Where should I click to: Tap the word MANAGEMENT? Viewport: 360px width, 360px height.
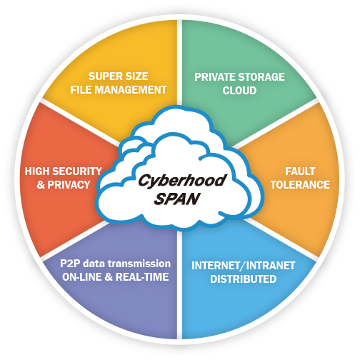[132, 90]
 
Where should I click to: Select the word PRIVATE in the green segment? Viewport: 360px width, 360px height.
[215, 77]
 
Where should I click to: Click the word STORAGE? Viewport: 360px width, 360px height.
[261, 77]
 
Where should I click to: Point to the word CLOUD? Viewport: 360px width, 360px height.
[239, 91]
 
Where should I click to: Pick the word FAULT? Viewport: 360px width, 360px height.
[300, 171]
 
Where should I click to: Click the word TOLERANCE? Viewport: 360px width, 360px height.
[300, 185]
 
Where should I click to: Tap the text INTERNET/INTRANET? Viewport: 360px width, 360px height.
[243, 266]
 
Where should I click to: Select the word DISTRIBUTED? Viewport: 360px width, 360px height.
[243, 279]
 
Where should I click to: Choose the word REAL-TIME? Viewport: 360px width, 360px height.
[142, 277]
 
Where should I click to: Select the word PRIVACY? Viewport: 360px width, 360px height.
[69, 185]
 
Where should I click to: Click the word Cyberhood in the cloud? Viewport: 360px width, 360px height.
[182, 181]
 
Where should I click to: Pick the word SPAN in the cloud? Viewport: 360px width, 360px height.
[177, 199]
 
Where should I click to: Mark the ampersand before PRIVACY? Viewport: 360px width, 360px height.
[41, 185]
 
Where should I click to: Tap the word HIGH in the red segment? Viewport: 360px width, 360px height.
[37, 171]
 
